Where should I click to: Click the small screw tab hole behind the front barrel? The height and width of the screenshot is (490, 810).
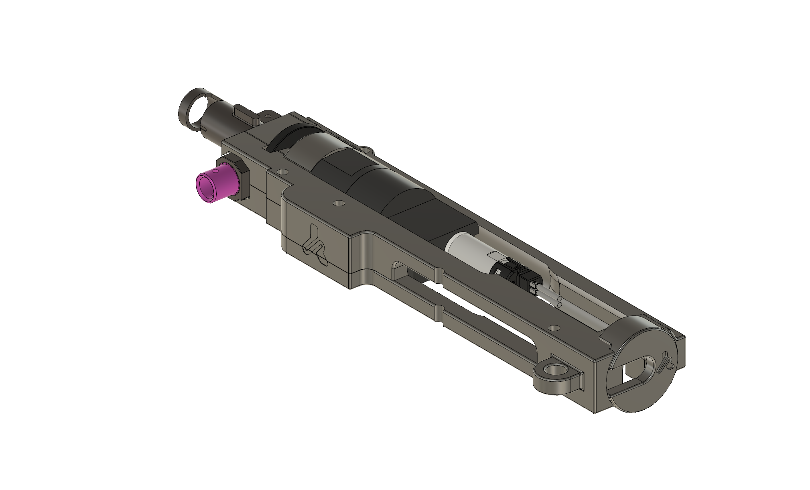[266, 116]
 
